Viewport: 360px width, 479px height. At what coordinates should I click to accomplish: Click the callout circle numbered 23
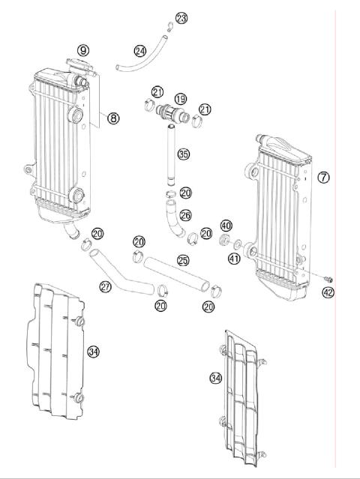click(x=181, y=18)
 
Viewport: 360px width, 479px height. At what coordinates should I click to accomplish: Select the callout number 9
click(x=82, y=50)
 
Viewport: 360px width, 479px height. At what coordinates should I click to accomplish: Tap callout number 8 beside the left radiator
click(x=112, y=118)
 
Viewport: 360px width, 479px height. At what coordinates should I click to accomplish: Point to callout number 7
click(x=324, y=178)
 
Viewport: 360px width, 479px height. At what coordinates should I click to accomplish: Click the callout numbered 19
click(x=180, y=99)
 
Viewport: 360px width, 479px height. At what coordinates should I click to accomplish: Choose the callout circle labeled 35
click(x=183, y=155)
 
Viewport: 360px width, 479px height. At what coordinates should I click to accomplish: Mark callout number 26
click(x=185, y=215)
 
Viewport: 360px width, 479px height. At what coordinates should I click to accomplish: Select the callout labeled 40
click(x=226, y=226)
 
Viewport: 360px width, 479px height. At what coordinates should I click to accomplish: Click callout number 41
click(x=234, y=260)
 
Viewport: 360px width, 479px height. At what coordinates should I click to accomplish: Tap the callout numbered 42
click(x=328, y=292)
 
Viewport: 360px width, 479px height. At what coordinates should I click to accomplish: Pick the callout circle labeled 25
click(x=182, y=260)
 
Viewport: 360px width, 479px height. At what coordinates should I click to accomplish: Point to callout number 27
click(x=107, y=286)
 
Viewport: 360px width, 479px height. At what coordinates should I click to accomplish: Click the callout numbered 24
click(x=140, y=51)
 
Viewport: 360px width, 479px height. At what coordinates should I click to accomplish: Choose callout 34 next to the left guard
click(x=93, y=351)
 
